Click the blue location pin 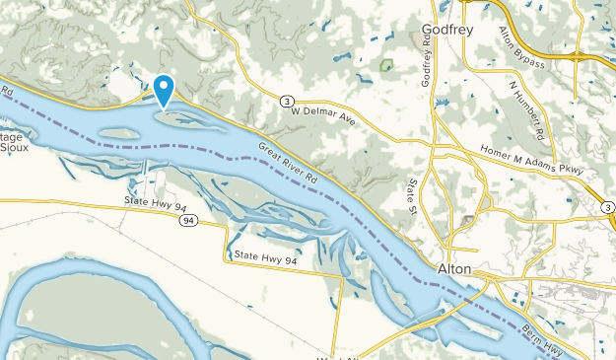click(x=165, y=89)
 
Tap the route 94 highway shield click(x=187, y=220)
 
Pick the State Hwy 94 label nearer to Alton click(x=265, y=258)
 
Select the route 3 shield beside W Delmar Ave click(x=285, y=101)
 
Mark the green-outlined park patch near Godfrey click(x=386, y=66)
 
